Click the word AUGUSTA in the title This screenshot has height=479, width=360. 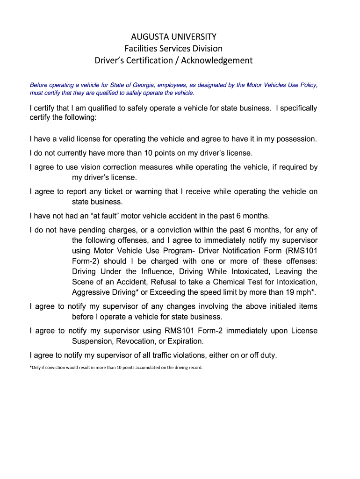tap(148, 36)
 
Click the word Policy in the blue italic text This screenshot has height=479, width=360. tap(307, 85)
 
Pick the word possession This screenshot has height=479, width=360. tap(296, 139)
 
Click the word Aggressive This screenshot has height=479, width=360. tap(90, 292)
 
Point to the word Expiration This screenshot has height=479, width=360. tap(183, 341)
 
